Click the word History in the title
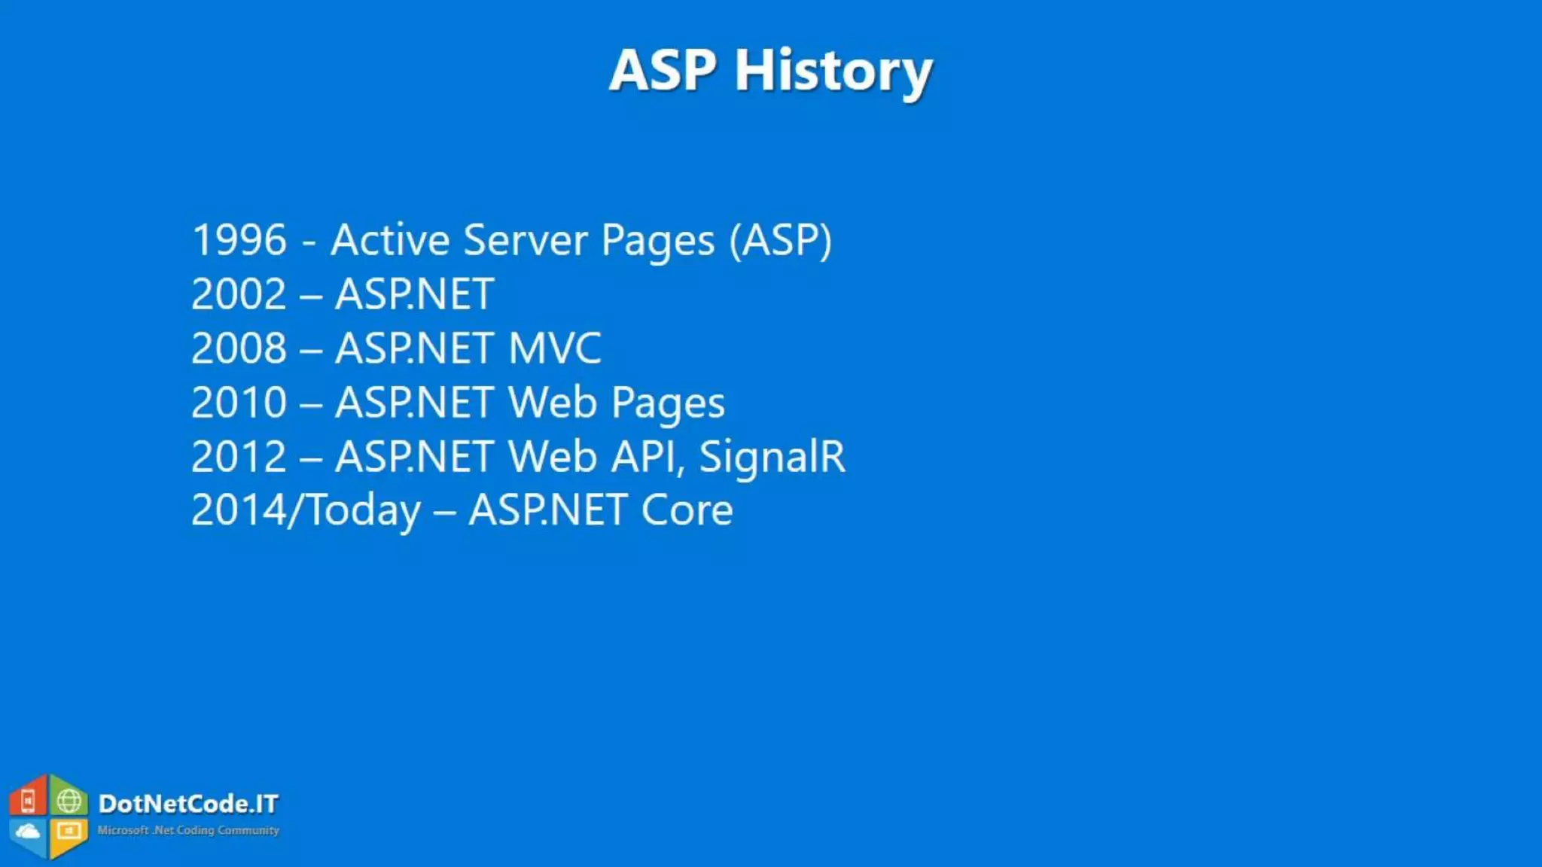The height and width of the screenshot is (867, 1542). [x=833, y=71]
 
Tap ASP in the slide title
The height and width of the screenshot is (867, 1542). [x=663, y=71]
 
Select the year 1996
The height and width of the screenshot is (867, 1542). [x=239, y=240]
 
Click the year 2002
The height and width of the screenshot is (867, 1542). [x=239, y=294]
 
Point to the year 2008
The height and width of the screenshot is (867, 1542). [x=239, y=348]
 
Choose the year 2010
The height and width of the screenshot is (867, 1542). [x=239, y=403]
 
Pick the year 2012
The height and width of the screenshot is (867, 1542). [x=239, y=457]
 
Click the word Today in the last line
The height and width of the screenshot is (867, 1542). [x=364, y=511]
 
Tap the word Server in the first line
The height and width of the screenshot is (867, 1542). [x=525, y=240]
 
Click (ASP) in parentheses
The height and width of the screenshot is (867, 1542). [x=780, y=240]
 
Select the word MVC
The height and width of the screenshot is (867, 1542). [x=555, y=348]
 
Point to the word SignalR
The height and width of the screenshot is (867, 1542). [x=772, y=457]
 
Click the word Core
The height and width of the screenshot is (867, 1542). [x=687, y=511]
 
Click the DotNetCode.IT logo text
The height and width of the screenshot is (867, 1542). [x=188, y=804]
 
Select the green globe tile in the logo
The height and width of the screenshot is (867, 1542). [x=69, y=800]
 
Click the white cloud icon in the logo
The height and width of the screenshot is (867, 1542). [x=28, y=832]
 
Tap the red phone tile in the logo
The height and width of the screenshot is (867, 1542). [x=28, y=801]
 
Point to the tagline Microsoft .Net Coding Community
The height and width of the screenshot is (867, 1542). [x=188, y=830]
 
